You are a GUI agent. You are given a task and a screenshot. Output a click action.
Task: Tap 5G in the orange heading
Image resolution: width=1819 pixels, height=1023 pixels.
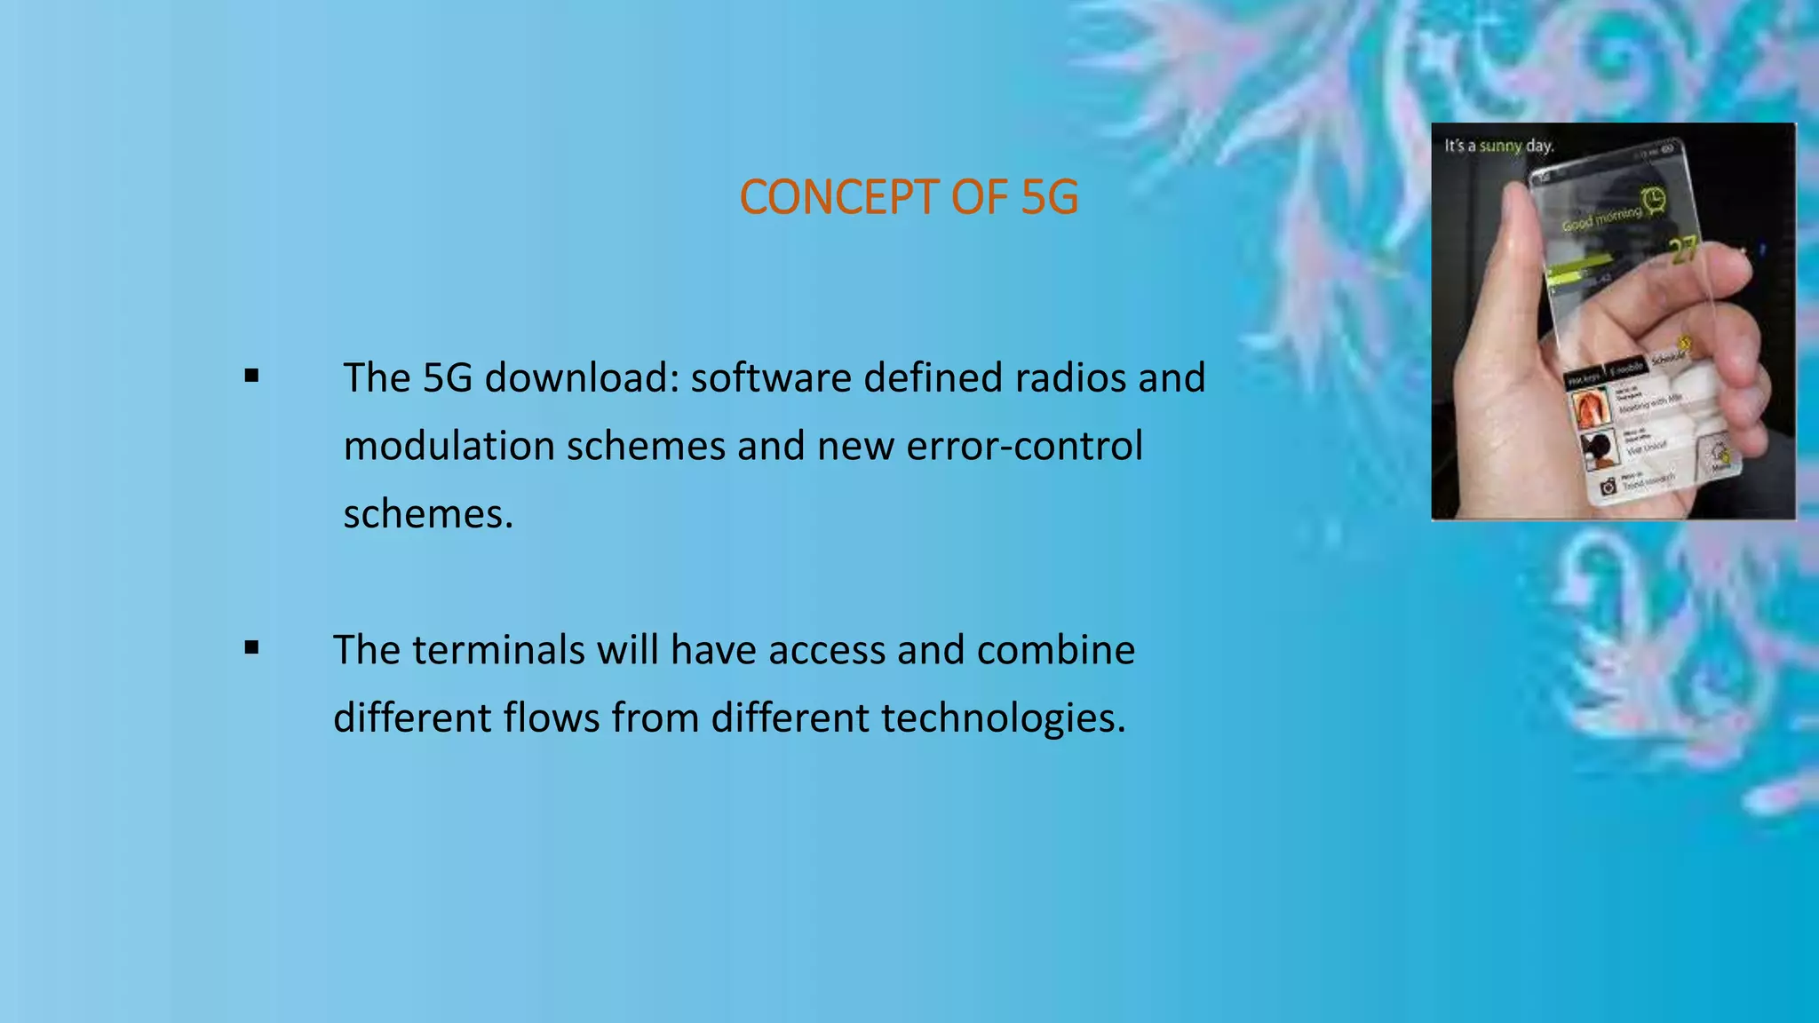tap(1049, 197)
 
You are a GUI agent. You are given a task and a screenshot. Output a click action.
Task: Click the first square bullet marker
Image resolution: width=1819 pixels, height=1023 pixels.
tap(252, 377)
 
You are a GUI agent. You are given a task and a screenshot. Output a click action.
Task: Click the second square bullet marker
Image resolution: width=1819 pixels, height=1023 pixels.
tap(252, 648)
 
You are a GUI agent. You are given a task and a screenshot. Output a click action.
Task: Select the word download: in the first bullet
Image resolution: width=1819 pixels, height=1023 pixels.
tap(581, 378)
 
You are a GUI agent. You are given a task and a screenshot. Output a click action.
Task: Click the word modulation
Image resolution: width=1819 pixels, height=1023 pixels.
tap(449, 446)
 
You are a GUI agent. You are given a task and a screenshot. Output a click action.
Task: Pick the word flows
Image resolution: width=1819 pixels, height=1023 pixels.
tap(552, 718)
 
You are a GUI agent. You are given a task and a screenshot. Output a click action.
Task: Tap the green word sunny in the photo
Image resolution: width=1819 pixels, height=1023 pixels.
tap(1500, 146)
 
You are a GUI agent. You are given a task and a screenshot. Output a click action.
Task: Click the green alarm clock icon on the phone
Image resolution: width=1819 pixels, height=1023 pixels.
tap(1654, 201)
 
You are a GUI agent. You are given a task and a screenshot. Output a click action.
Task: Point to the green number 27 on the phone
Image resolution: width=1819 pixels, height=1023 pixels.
tap(1683, 251)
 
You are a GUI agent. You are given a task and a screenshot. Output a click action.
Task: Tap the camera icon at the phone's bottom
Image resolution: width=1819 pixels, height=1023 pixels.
tap(1607, 486)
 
